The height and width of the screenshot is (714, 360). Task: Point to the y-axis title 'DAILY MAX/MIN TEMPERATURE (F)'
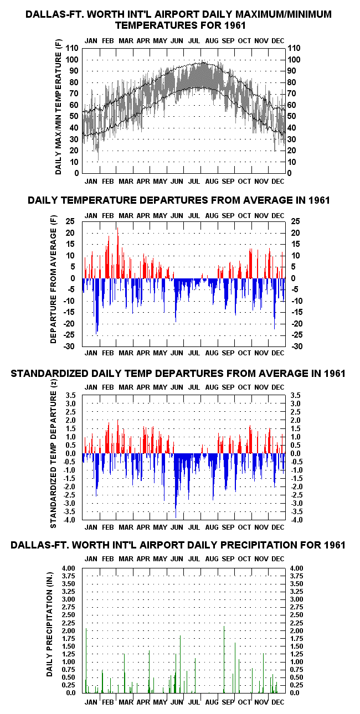point(58,107)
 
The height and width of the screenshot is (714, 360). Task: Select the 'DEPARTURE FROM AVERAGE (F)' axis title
point(53,280)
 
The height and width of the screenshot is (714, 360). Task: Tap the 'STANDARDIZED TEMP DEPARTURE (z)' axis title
point(53,453)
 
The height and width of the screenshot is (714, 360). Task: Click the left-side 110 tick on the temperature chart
point(72,49)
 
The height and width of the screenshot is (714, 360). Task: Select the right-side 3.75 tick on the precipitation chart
point(297,576)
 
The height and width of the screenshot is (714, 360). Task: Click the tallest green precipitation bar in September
point(224,659)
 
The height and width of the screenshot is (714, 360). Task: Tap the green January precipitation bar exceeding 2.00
point(86,660)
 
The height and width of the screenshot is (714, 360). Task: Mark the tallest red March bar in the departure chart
point(117,253)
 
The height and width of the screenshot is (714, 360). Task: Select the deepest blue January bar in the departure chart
point(96,306)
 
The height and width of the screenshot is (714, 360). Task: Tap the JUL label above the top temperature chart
point(194,41)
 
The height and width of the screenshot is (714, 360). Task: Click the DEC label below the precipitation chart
point(277,702)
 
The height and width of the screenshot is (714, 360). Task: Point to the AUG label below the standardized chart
point(212,527)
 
